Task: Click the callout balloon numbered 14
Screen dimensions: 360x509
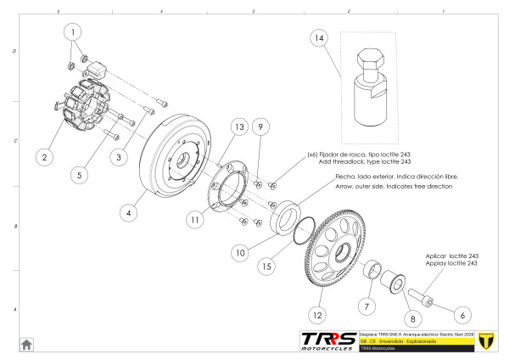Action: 318,39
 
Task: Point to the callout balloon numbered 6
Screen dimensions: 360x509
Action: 462,315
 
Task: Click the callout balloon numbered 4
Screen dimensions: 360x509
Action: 130,214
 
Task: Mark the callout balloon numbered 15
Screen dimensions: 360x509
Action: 267,267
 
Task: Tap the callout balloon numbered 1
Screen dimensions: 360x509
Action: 75,32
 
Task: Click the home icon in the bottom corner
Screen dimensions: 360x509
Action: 27,344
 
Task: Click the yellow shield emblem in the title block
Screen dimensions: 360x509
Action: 487,340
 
